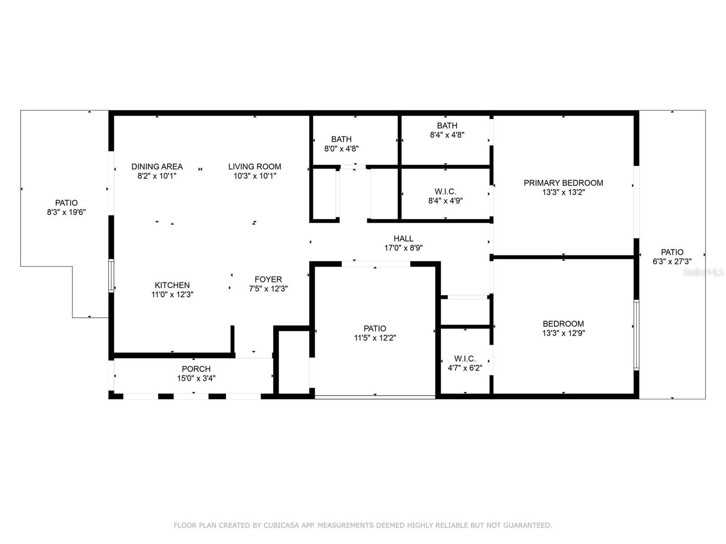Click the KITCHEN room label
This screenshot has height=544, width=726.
[172, 285]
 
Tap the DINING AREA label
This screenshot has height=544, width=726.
[157, 166]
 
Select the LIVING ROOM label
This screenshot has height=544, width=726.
[255, 166]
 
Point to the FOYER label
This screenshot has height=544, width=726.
[268, 279]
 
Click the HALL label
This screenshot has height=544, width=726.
[403, 238]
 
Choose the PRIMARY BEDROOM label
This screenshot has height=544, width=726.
[563, 183]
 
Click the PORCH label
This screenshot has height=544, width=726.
[196, 369]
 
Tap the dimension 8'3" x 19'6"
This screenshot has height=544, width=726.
[66, 212]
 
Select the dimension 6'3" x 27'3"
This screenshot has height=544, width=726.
[672, 261]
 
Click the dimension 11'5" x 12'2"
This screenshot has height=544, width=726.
[375, 338]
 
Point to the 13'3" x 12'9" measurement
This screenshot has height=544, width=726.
[563, 333]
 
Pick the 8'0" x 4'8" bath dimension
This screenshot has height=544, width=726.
[341, 149]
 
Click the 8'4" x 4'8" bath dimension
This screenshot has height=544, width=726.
[447, 135]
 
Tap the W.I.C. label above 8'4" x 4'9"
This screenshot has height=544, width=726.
[445, 191]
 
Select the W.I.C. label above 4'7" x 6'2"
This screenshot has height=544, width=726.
[465, 359]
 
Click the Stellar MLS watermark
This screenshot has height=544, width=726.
[703, 272]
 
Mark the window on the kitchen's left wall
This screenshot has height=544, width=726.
[111, 276]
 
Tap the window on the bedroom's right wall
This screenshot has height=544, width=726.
[636, 335]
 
